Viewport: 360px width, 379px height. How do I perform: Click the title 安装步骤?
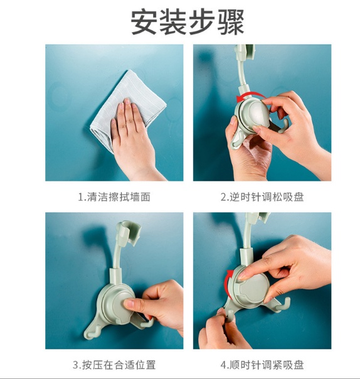188,22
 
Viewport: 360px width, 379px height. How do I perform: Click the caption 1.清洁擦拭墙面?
114,197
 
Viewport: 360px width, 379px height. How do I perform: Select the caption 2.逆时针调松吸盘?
262,197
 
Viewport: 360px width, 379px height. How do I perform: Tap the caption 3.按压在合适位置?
114,365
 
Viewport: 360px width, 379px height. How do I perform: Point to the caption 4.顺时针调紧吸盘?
262,365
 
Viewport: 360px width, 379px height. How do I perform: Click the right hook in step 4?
283,305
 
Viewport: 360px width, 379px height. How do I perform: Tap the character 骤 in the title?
231,22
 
